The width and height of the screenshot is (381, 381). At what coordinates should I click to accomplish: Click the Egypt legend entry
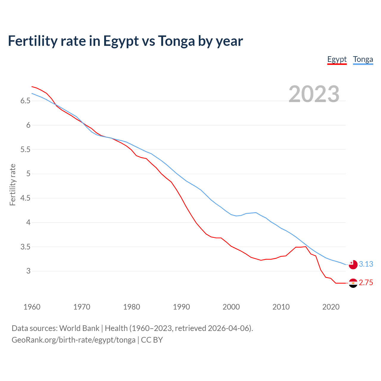pyautogui.click(x=337, y=59)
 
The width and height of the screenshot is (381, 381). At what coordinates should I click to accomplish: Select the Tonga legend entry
pyautogui.click(x=363, y=59)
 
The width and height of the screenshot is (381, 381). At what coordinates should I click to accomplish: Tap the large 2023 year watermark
pyautogui.click(x=314, y=94)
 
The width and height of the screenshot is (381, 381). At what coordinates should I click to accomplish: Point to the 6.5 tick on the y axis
pyautogui.click(x=25, y=101)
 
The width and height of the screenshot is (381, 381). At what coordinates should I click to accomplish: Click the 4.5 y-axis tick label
pyautogui.click(x=25, y=198)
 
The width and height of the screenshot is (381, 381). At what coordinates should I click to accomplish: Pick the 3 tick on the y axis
pyautogui.click(x=28, y=271)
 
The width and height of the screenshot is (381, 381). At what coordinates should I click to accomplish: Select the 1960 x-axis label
pyautogui.click(x=32, y=307)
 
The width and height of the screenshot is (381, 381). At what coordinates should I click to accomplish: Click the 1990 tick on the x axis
pyautogui.click(x=181, y=307)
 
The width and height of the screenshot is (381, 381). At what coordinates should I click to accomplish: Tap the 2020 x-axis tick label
pyautogui.click(x=331, y=307)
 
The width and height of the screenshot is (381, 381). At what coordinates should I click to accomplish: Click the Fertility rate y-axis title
pyautogui.click(x=13, y=185)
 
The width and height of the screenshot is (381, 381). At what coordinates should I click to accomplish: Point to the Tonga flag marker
pyautogui.click(x=353, y=264)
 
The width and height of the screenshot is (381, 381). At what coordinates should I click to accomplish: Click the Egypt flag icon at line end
pyautogui.click(x=353, y=283)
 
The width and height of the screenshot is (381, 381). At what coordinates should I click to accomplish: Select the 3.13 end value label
pyautogui.click(x=366, y=264)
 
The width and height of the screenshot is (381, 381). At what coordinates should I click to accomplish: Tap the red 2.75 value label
pyautogui.click(x=366, y=283)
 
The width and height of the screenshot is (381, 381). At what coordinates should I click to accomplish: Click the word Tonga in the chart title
pyautogui.click(x=176, y=41)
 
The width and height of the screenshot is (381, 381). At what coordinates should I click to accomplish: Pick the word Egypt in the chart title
pyautogui.click(x=121, y=41)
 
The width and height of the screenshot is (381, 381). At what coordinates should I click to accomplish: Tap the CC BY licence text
pyautogui.click(x=152, y=340)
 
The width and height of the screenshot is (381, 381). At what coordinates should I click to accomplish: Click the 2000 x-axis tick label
pyautogui.click(x=231, y=307)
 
